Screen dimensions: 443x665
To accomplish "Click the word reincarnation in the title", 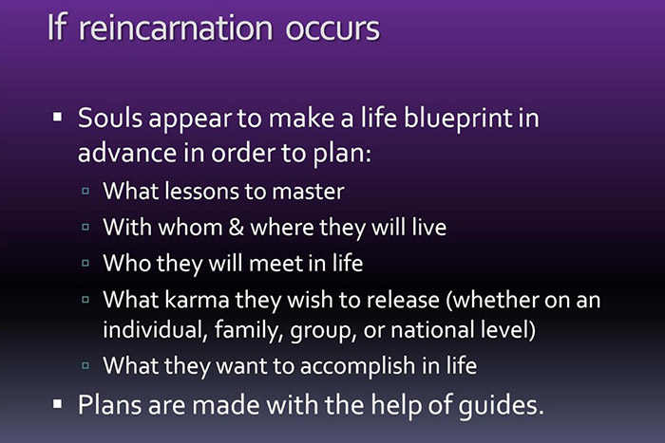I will [x=196, y=28].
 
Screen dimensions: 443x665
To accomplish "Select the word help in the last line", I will [x=385, y=405].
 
